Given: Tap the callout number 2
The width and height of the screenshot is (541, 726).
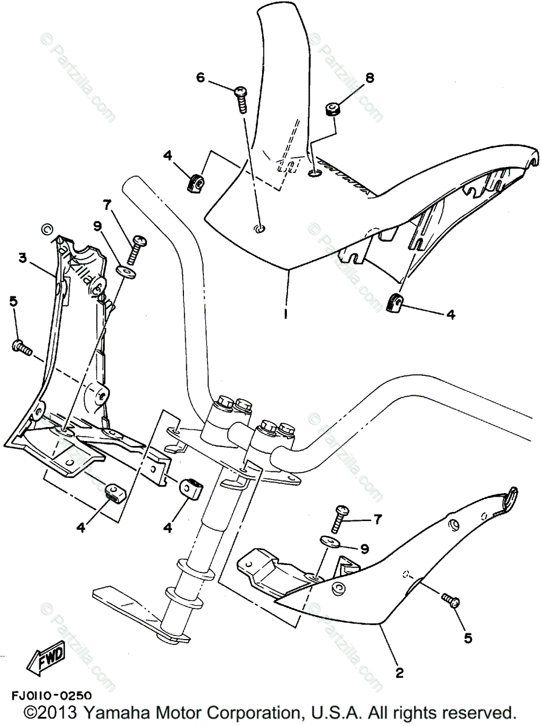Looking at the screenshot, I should (399, 671).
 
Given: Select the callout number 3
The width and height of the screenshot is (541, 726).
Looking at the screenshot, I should (22, 258).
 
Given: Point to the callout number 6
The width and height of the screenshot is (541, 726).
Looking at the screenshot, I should (200, 77).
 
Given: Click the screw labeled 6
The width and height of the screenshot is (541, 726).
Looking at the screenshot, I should (240, 98).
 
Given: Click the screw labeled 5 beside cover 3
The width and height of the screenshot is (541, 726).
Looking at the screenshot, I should (21, 347).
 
